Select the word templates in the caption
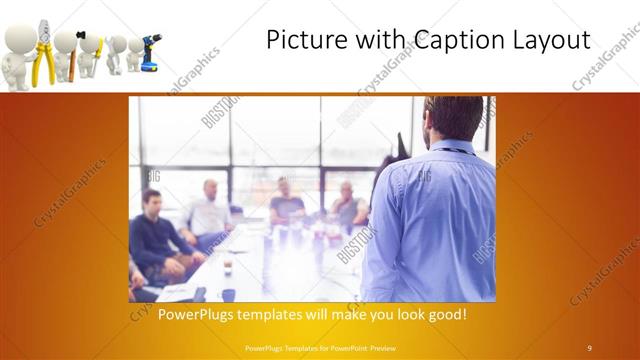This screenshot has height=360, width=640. point(288,314)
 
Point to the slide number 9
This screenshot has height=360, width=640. point(589,347)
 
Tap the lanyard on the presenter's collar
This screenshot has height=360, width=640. point(456,151)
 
